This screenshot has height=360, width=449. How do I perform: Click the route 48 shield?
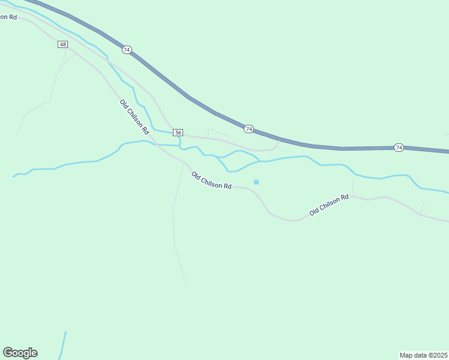[63, 44]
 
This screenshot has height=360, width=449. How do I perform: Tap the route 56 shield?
[178, 132]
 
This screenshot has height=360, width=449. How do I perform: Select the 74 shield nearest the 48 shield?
[127, 50]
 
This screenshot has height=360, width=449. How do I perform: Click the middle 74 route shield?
[249, 129]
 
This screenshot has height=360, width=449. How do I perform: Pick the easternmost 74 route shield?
[399, 148]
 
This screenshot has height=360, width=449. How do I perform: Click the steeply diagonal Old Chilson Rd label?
[134, 116]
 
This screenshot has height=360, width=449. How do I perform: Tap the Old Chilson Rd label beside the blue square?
[211, 181]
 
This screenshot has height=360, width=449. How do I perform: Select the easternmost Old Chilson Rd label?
[329, 205]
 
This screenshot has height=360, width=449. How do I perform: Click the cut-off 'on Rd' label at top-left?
[8, 17]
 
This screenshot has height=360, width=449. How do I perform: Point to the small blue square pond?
[256, 182]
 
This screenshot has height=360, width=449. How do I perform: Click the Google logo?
[20, 353]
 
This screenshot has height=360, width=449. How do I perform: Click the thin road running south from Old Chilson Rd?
[174, 228]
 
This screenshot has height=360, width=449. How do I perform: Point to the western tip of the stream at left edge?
[13, 176]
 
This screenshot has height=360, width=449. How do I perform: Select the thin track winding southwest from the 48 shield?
[51, 90]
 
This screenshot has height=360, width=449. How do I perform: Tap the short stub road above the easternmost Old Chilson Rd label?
[352, 187]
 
